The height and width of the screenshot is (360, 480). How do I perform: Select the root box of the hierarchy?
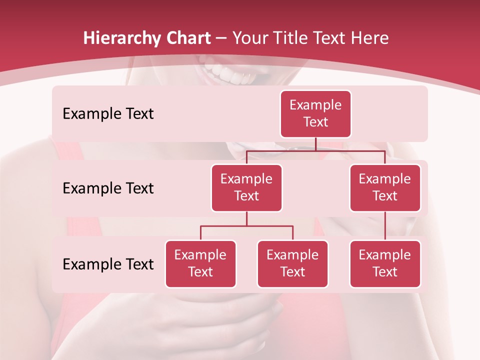click(315, 114)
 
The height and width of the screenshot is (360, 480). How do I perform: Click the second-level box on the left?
click(246, 187)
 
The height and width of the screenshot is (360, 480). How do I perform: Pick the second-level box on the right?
click(385, 187)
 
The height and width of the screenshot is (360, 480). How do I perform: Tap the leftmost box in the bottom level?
click(200, 263)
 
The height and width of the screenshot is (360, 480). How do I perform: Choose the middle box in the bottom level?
click(292, 263)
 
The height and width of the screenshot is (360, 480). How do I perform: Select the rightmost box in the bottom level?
click(385, 263)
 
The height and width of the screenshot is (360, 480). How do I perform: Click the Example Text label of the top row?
click(108, 114)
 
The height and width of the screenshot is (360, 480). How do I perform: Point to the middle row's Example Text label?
click(108, 188)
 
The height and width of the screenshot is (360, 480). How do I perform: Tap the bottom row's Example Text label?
click(108, 264)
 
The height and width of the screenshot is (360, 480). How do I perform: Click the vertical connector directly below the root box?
click(315, 144)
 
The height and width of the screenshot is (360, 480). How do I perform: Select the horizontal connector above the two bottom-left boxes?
click(246, 226)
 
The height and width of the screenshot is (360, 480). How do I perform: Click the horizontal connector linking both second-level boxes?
click(315, 150)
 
